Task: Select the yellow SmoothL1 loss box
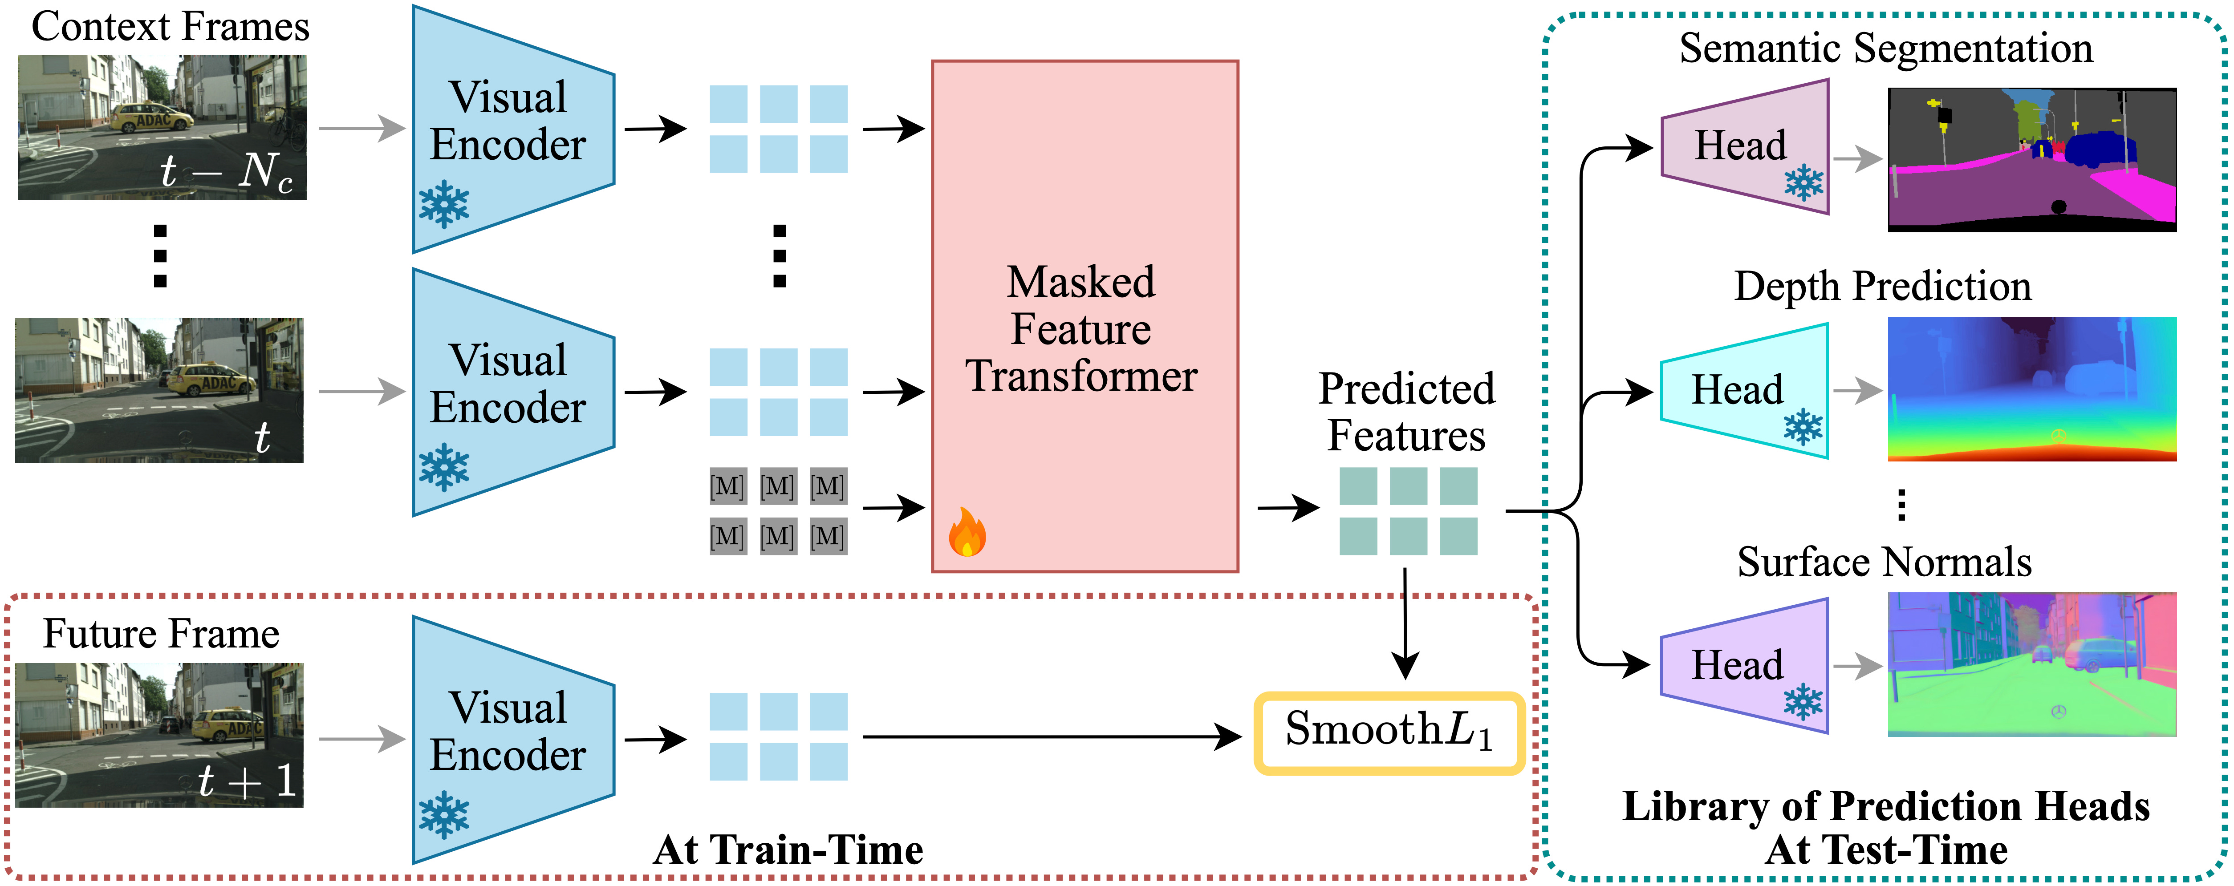coord(1389,732)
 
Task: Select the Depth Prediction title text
coord(1882,286)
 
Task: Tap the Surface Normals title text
coord(1884,562)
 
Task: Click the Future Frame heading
coord(161,634)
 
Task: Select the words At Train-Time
coord(788,850)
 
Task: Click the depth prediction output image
coord(2031,388)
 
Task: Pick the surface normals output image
coord(2031,664)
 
